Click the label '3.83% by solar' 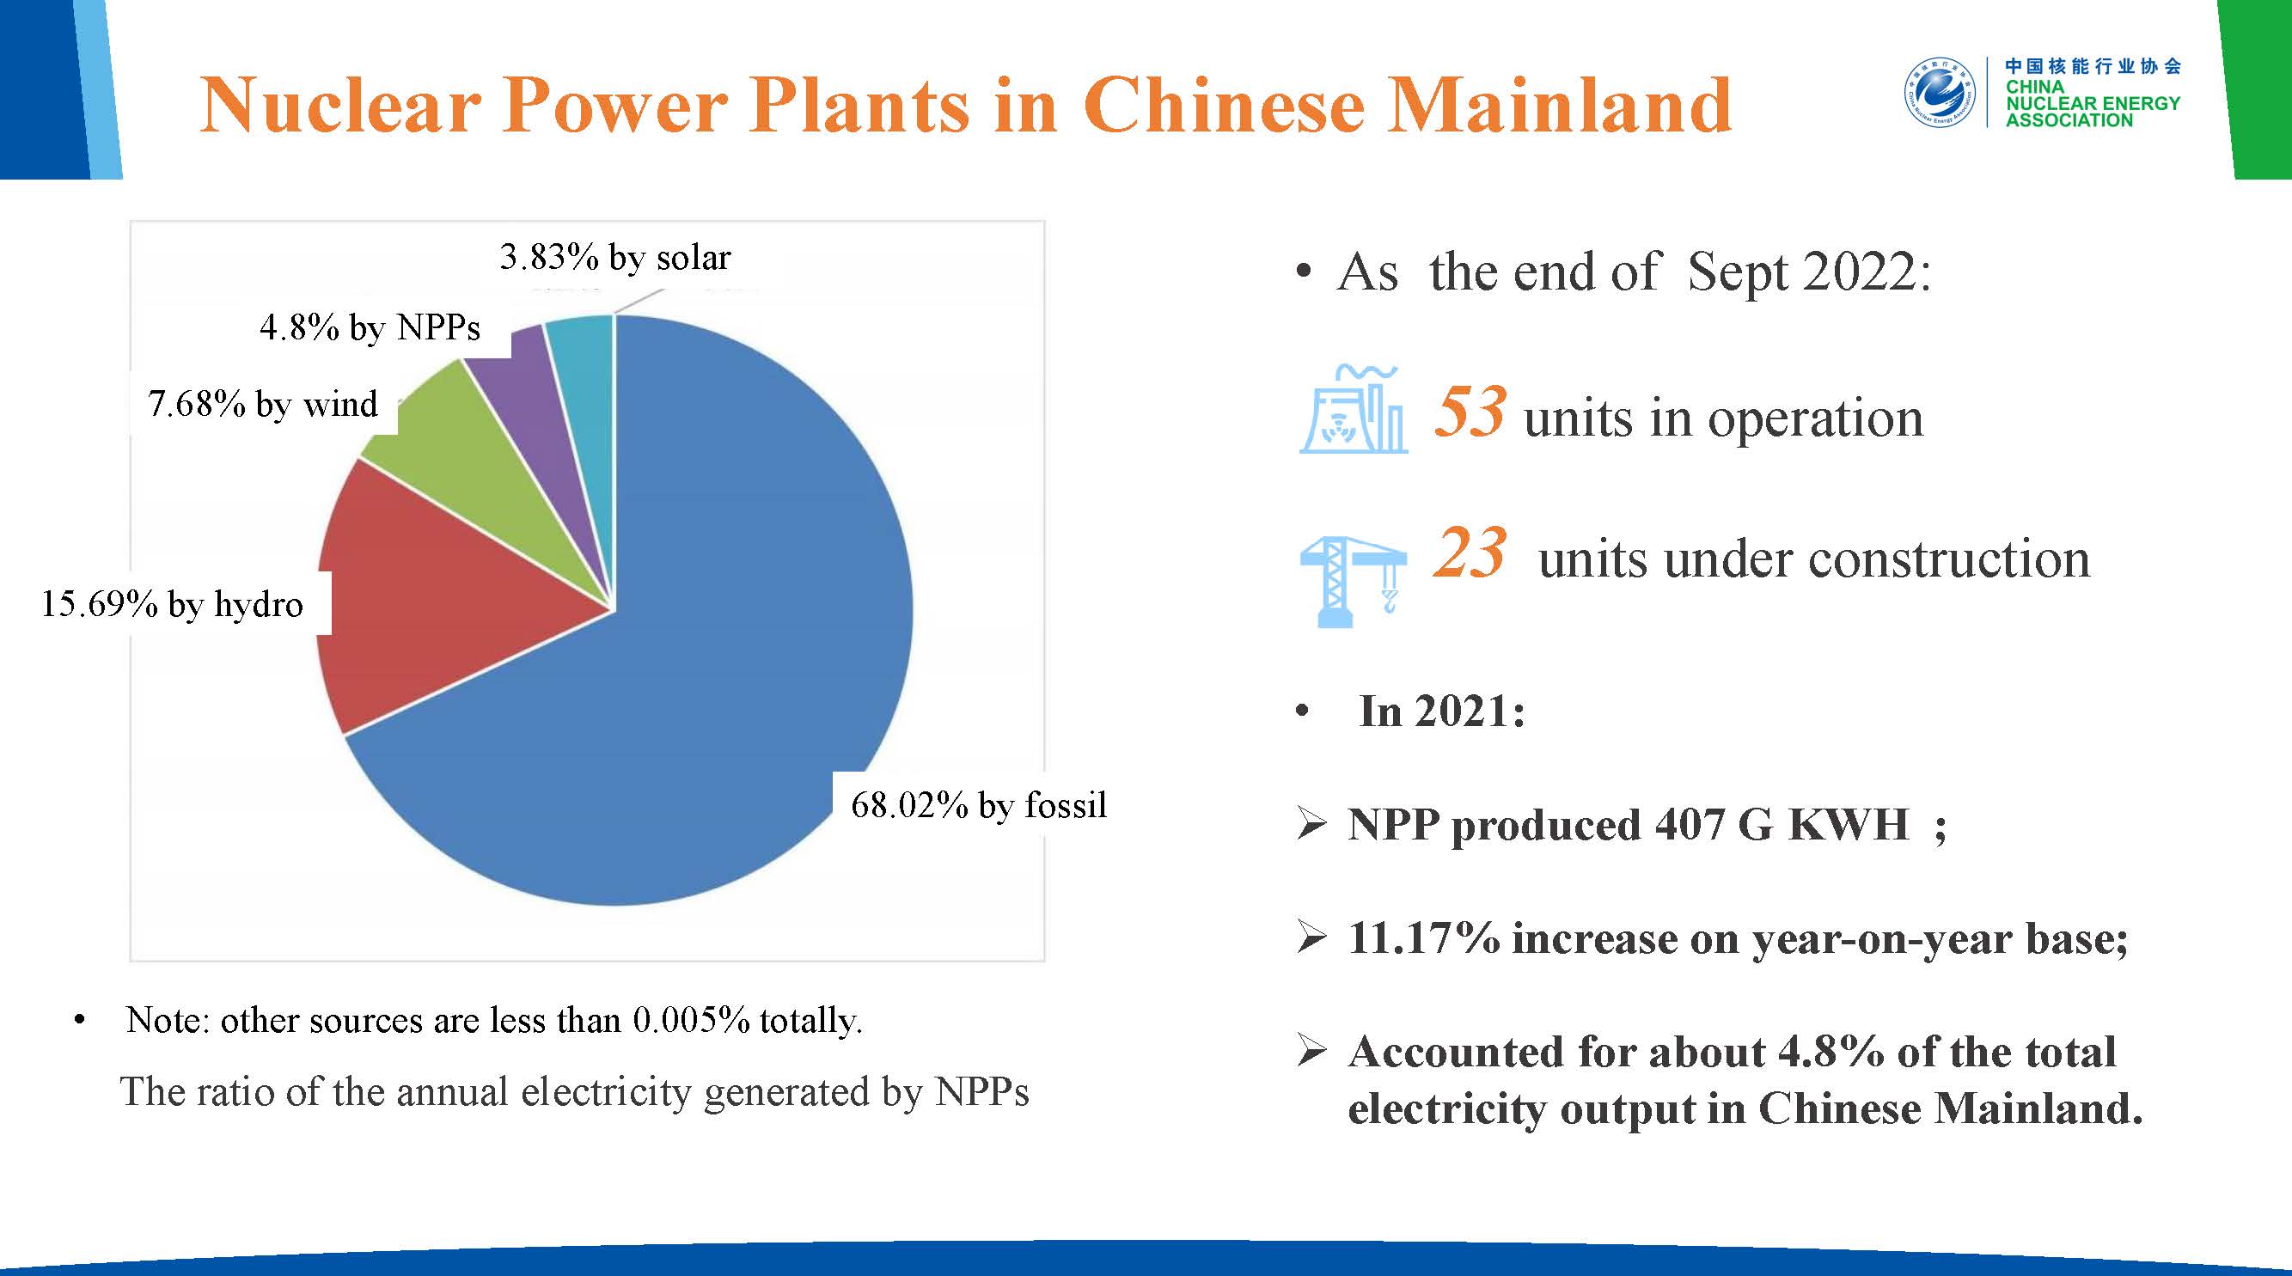tap(614, 258)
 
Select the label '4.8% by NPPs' tap(370, 328)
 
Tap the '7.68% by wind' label tap(262, 405)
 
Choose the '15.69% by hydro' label tap(172, 605)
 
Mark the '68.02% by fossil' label tap(979, 806)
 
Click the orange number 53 tap(1470, 411)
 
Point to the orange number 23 tap(1470, 553)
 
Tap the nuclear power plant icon tap(1353, 409)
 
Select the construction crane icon tap(1353, 582)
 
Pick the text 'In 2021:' tap(1442, 711)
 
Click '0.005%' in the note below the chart tap(691, 1021)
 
